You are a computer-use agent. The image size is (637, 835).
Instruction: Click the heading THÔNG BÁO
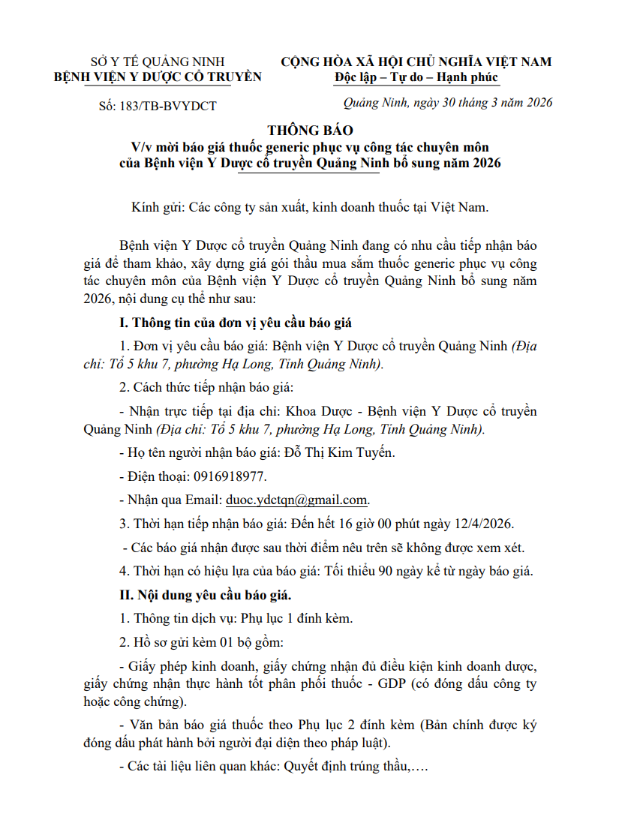(310, 130)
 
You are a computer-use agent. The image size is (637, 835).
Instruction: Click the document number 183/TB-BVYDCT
(167, 106)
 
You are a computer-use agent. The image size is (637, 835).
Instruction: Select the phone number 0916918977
(230, 476)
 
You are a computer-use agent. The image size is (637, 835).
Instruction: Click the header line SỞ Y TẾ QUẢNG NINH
(158, 62)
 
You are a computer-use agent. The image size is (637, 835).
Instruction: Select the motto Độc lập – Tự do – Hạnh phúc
(417, 77)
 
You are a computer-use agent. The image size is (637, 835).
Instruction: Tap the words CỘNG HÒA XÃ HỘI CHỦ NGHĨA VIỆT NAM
(416, 62)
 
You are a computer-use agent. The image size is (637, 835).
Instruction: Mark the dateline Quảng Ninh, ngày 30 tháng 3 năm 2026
(447, 103)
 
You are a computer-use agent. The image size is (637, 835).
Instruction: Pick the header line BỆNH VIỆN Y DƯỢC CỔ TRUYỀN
(158, 77)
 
